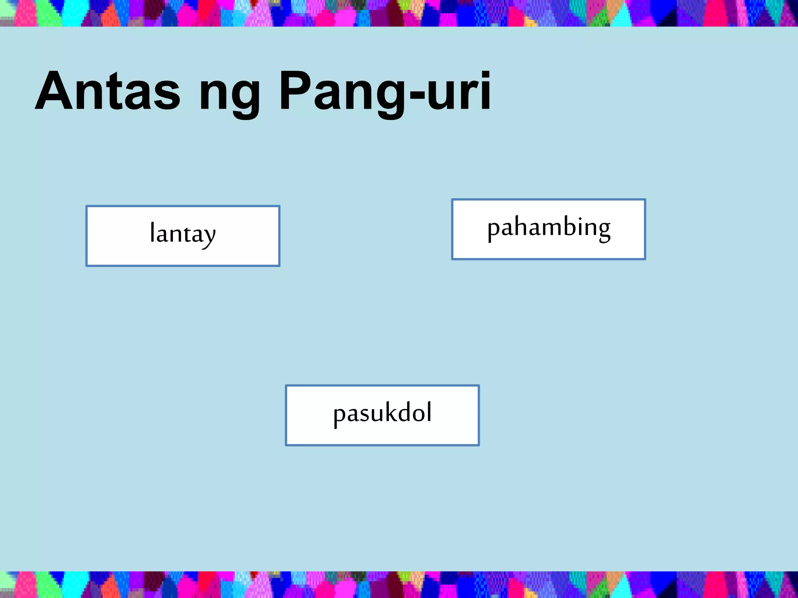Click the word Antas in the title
(108, 91)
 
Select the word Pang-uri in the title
(385, 93)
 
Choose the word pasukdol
(382, 413)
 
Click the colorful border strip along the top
(399, 13)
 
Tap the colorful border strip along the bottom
(399, 584)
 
